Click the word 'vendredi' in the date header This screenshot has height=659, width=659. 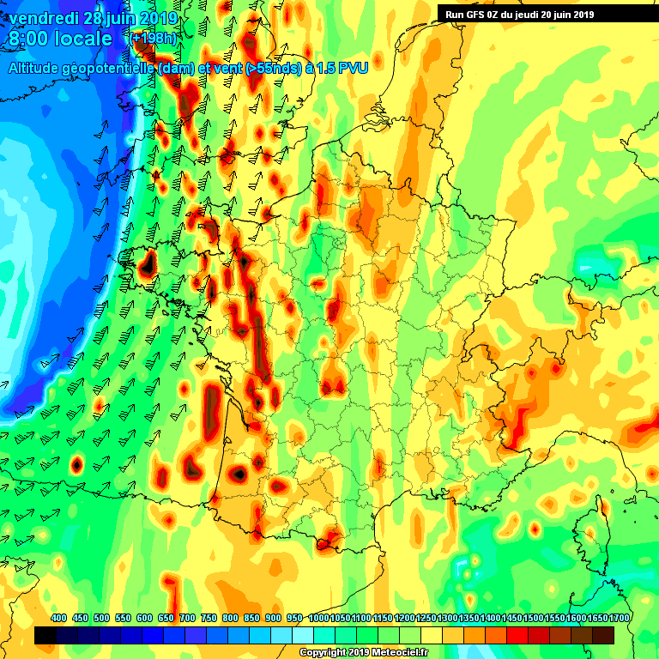pos(43,18)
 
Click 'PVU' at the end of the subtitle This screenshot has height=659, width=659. pos(353,69)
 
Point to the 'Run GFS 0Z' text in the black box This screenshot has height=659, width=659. pos(474,14)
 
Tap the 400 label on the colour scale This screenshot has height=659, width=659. pos(59,618)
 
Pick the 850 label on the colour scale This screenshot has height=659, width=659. pos(251,618)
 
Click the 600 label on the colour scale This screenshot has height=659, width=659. pos(144,618)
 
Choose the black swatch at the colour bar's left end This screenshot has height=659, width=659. pos(45,635)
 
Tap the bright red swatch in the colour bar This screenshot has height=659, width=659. pos(517,635)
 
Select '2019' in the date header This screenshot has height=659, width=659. pos(159,18)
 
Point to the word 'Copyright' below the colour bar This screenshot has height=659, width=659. pos(324,653)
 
